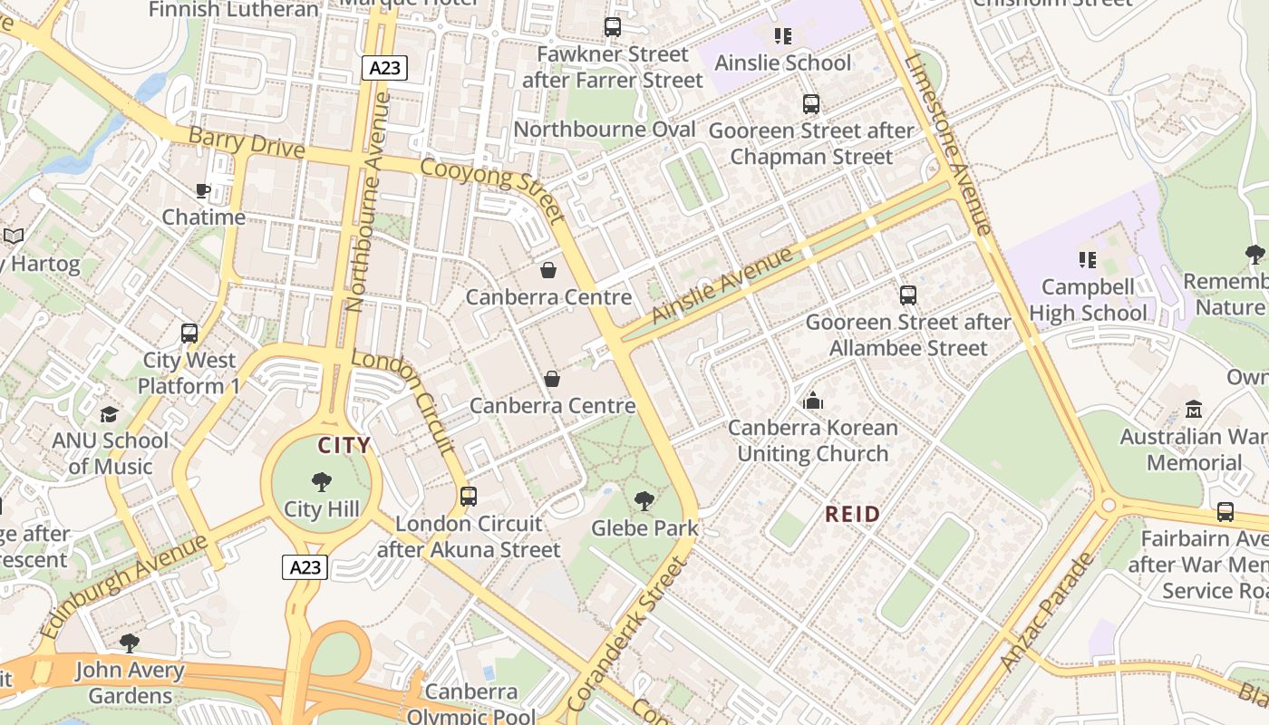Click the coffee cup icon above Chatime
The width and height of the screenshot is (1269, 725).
click(203, 190)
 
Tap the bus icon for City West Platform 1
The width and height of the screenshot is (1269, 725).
click(189, 333)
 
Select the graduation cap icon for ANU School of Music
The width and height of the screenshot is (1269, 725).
click(110, 414)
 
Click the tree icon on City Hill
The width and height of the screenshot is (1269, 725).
click(321, 482)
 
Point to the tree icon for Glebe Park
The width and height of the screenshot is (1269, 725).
click(644, 500)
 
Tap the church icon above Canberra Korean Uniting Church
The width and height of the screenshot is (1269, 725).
click(813, 401)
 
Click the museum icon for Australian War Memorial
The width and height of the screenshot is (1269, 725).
click(1193, 410)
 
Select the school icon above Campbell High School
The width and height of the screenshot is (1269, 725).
click(1088, 261)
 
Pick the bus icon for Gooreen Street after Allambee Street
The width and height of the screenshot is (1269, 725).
click(907, 295)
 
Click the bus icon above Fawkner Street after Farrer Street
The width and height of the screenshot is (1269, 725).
click(613, 27)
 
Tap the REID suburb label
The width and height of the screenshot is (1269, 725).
click(852, 515)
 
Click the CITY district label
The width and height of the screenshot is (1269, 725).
click(344, 445)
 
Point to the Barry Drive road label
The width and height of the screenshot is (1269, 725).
click(246, 143)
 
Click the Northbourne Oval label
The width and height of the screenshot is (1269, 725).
click(605, 130)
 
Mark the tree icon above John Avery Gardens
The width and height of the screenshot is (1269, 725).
click(130, 643)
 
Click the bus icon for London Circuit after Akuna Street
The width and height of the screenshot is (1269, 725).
click(469, 497)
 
